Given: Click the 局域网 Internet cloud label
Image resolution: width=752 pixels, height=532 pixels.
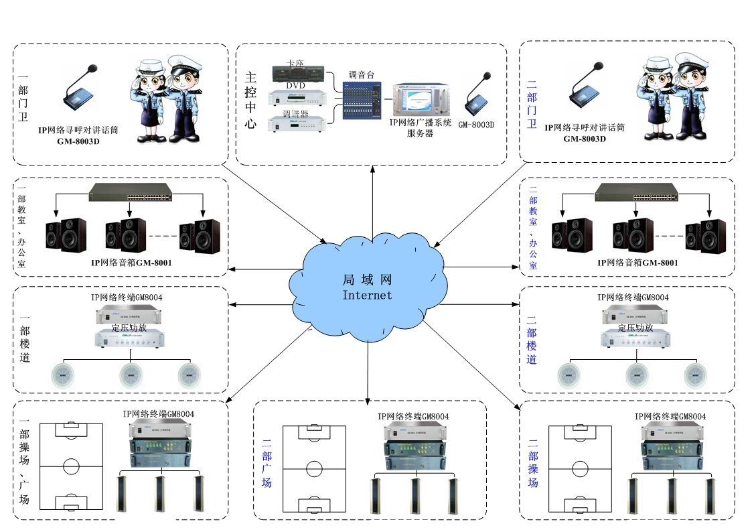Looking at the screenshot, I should tap(367, 287).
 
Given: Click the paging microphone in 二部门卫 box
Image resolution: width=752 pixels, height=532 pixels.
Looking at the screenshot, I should tap(590, 90).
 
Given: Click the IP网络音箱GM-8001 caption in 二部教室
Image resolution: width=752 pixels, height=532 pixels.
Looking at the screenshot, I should tap(637, 263).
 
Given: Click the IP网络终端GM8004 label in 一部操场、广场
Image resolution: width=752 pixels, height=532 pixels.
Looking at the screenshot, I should tap(158, 414).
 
